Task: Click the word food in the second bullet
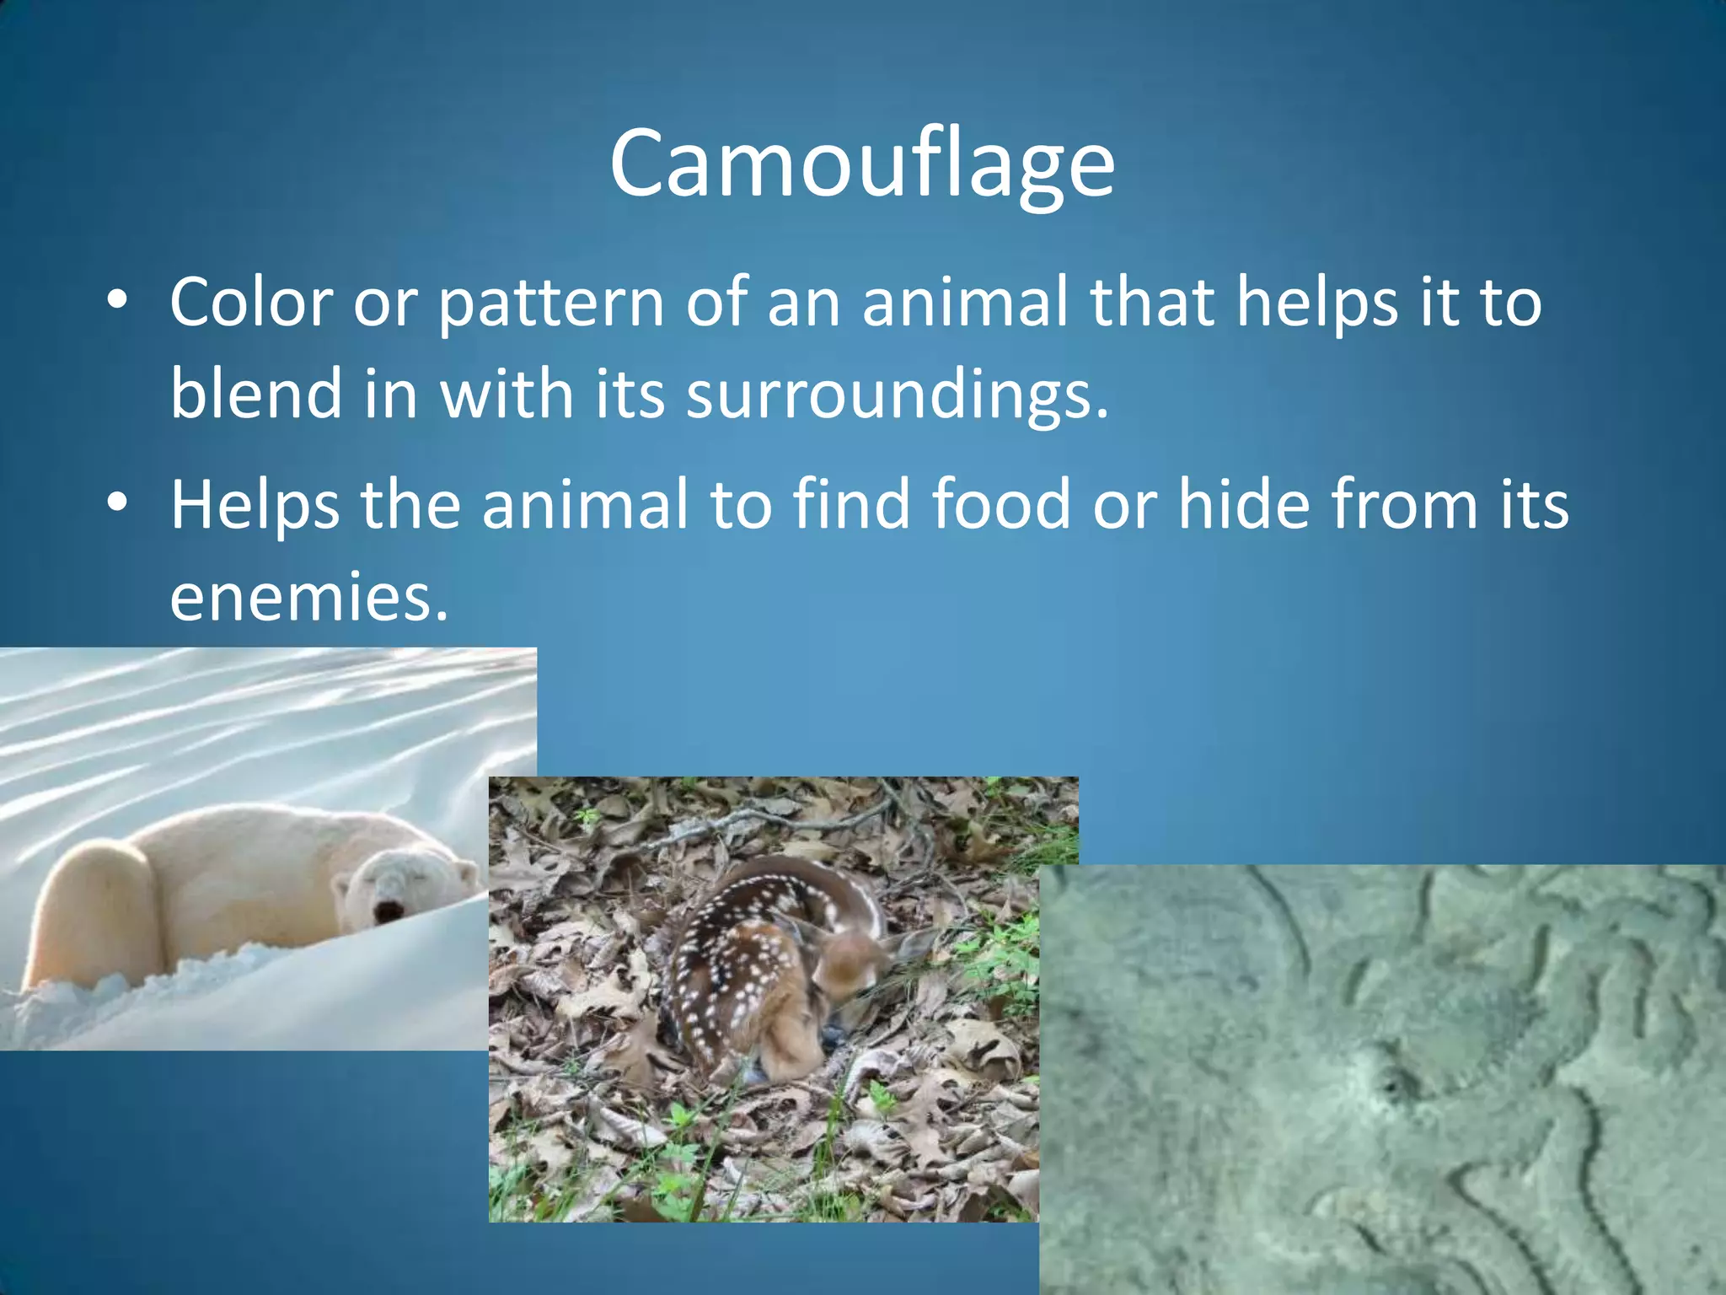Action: coord(1001,504)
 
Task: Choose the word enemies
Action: coord(308,597)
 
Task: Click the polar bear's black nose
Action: coord(389,911)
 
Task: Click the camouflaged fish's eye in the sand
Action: coord(1389,1082)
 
